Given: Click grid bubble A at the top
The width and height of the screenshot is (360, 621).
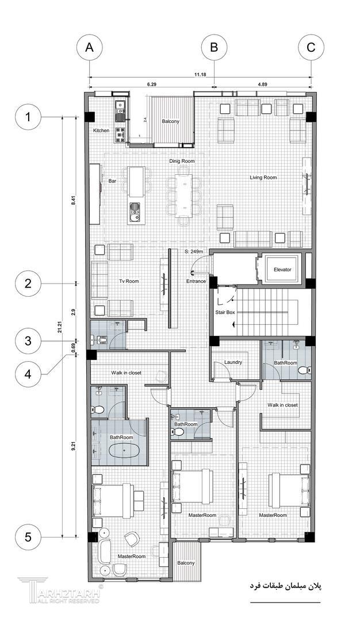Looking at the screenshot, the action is (x=90, y=48).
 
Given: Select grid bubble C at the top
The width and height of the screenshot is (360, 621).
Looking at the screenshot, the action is (x=311, y=48).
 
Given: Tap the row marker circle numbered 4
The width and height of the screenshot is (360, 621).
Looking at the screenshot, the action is (x=28, y=374).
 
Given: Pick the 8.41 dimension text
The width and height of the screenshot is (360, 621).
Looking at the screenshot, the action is (x=72, y=201).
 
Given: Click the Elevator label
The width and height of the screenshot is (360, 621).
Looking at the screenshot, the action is (x=282, y=270).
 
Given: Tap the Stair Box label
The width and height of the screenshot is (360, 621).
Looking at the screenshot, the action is (x=225, y=312).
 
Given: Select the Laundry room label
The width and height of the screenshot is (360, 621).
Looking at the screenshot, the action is (x=233, y=362).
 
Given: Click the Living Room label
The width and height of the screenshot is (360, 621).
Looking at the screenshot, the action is (x=263, y=178).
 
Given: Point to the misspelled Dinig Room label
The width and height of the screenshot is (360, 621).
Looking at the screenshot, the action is (x=182, y=161).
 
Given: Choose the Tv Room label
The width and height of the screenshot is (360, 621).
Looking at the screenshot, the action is (x=129, y=281).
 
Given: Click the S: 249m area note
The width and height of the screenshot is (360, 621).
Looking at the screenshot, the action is (x=194, y=251).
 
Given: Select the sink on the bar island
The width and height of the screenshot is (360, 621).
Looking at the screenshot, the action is (x=135, y=212).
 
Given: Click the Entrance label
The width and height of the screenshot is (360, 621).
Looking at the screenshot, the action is (x=197, y=281).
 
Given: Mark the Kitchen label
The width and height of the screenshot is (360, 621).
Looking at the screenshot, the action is (x=101, y=131).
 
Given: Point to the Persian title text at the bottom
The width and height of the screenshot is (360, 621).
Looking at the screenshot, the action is (x=286, y=585).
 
